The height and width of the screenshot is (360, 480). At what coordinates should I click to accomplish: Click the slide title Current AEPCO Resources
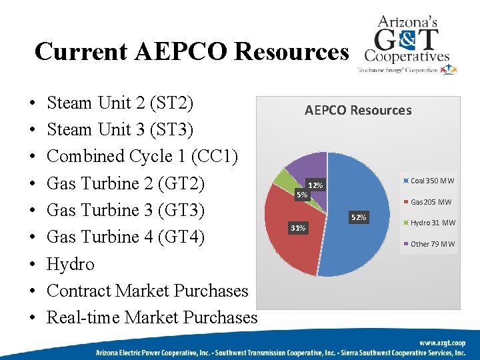tap(191, 51)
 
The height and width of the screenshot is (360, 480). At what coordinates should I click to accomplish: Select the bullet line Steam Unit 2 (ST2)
tap(120, 103)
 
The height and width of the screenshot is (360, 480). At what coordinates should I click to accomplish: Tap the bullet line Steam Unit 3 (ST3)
tap(120, 130)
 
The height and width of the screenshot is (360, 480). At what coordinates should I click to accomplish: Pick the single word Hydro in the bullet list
tap(71, 264)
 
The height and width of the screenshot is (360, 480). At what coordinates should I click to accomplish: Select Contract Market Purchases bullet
tap(147, 291)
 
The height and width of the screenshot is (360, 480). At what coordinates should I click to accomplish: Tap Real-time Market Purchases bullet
tap(151, 317)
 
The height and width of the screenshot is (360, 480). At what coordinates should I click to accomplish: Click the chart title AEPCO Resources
tap(358, 110)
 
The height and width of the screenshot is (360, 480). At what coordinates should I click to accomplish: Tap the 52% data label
tap(359, 217)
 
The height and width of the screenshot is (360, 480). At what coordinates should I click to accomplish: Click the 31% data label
tap(297, 229)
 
